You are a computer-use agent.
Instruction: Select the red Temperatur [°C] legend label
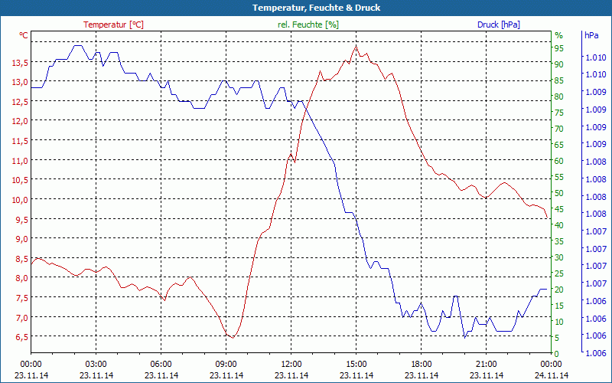pos(113,25)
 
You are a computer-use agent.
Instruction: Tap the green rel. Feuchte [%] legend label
pos(308,25)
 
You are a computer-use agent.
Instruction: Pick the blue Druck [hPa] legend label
pos(498,25)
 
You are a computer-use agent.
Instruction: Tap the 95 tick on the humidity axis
pos(559,48)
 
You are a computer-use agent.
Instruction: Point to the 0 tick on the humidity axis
pos(557,353)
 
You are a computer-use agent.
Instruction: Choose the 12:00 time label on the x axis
pos(291,364)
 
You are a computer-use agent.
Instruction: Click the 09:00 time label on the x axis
pos(226,364)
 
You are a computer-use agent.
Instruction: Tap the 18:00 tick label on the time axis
pos(422,364)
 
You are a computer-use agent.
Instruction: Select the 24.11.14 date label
pos(552,375)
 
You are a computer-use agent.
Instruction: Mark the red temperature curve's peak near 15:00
pos(356,46)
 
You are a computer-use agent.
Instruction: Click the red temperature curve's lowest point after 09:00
pos(231,337)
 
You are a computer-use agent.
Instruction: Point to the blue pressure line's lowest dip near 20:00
pos(464,336)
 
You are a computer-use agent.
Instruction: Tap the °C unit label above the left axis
pos(24,35)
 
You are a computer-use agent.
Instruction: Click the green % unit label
pos(558,35)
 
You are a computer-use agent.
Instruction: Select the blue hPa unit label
pos(591,35)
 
